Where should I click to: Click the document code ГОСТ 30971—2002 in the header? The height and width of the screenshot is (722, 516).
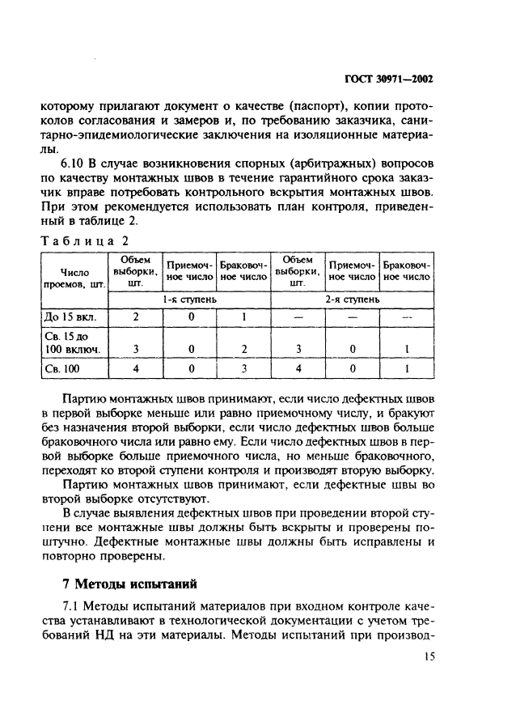tap(387, 79)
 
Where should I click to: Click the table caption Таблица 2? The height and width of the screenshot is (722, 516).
tap(84, 240)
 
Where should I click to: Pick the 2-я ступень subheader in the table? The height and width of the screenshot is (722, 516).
tap(352, 299)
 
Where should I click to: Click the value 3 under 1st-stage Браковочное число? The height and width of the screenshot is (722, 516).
tap(243, 369)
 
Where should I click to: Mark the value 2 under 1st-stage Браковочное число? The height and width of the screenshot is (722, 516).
tap(243, 350)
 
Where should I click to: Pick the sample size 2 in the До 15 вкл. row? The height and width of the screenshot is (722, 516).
tap(135, 316)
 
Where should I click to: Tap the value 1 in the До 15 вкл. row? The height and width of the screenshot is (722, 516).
tap(243, 316)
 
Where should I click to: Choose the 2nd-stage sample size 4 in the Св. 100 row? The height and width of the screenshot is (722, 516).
tap(298, 369)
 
